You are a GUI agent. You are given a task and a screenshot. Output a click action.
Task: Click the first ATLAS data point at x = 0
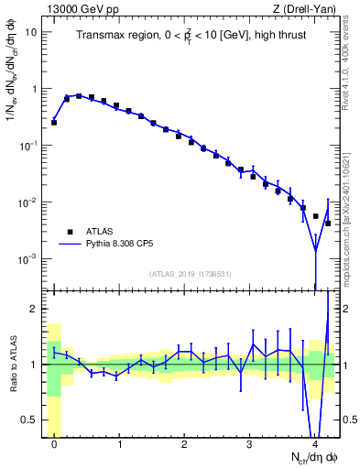point(54,122)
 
